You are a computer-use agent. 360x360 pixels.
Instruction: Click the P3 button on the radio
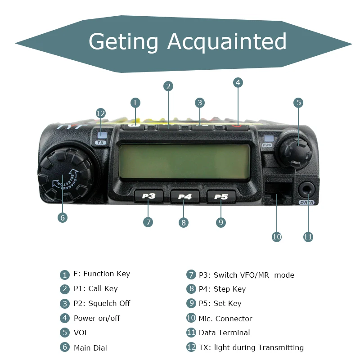click(x=148, y=196)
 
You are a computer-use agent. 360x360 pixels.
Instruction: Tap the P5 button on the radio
click(x=221, y=197)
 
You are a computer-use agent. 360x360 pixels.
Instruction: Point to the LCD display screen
click(x=184, y=162)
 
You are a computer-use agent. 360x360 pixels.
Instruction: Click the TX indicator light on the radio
click(x=101, y=135)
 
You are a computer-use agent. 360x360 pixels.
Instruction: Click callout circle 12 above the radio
click(x=101, y=113)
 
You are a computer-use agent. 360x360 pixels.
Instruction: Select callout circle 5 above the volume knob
click(x=298, y=103)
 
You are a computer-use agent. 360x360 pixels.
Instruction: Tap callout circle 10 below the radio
click(x=277, y=236)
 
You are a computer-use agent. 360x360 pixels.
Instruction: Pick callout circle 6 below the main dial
click(x=63, y=217)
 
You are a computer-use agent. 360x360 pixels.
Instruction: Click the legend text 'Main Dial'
click(x=90, y=347)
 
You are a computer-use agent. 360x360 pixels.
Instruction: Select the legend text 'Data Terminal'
click(x=224, y=333)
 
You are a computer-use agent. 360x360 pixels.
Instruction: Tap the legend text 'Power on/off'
click(x=97, y=318)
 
